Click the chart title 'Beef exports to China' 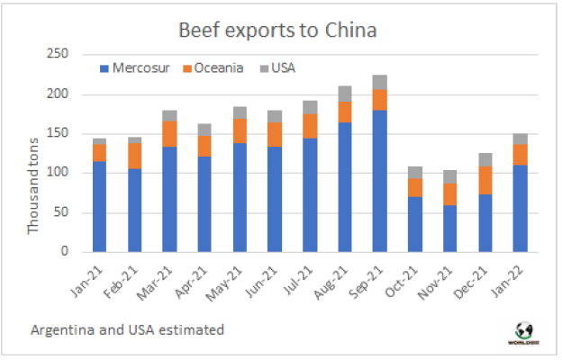tap(278, 30)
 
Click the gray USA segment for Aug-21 tap(346, 94)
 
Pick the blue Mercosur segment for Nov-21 tap(450, 228)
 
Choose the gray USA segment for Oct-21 tap(415, 172)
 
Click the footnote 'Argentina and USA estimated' tap(125, 330)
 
